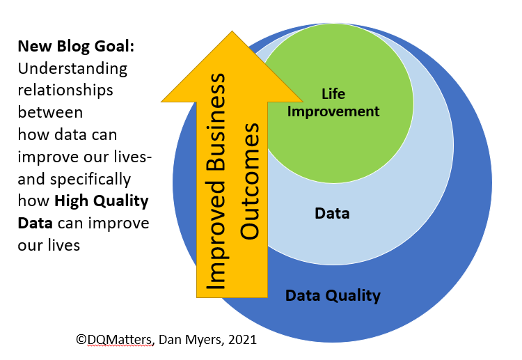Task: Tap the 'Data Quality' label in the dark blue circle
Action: (333, 295)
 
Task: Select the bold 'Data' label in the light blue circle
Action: (332, 213)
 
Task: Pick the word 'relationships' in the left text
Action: (65, 91)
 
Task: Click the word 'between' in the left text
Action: (50, 112)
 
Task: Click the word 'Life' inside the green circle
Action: (333, 93)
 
